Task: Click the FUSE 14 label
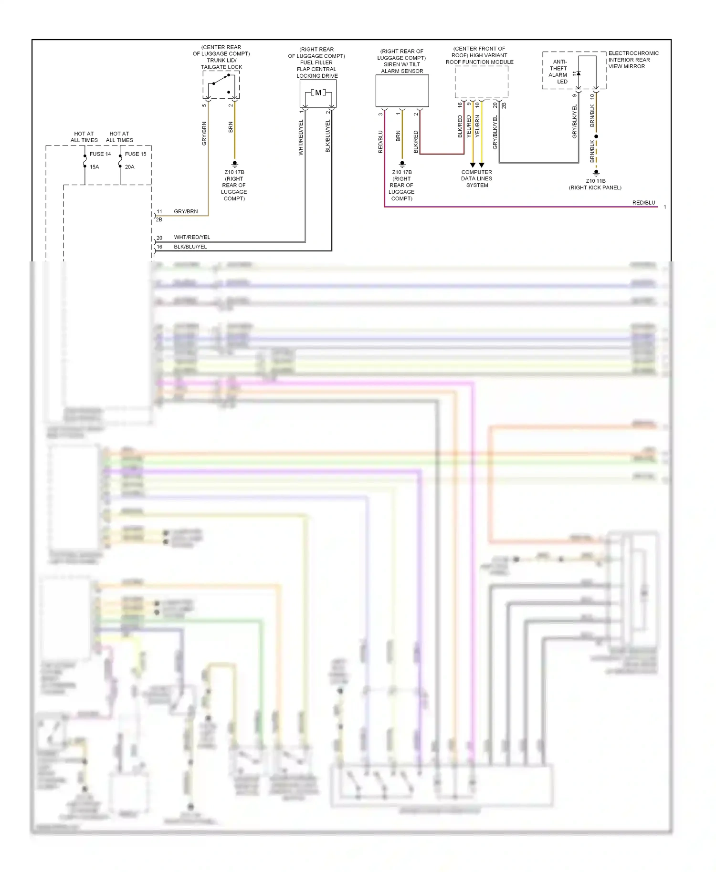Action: coord(100,154)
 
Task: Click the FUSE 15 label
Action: coord(136,154)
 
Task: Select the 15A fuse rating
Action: coord(95,167)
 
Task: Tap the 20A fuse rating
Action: coord(130,167)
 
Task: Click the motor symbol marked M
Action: coord(318,93)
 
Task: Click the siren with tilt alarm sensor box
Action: coord(402,91)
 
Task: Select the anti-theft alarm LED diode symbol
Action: coord(578,73)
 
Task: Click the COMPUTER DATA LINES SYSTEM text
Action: coord(476,179)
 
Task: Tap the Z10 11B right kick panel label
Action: coord(595,184)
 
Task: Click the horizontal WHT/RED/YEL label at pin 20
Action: coord(192,237)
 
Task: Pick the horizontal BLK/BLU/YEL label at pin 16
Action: coord(190,247)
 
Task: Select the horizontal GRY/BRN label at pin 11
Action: coord(186,211)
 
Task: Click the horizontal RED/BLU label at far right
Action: coord(643,203)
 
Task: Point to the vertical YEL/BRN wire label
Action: coord(477,126)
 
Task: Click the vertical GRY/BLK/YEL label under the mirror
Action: coord(575,122)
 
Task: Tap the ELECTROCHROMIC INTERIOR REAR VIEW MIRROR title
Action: coord(633,60)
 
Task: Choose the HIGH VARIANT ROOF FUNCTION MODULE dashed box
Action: coord(481,82)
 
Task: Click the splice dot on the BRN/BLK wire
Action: coord(596,136)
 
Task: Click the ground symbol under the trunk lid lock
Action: coord(234,164)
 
